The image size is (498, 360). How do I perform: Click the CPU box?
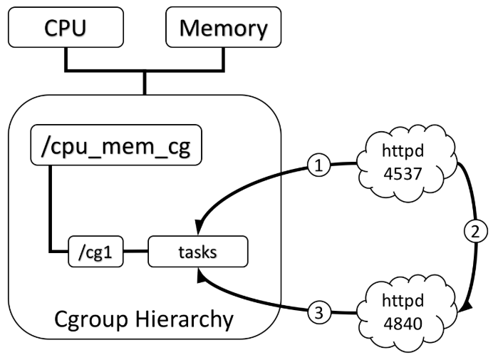[x=66, y=27]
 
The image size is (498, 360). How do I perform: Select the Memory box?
[x=223, y=27]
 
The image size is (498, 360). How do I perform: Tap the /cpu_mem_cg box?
[x=116, y=145]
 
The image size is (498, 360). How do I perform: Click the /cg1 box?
[x=95, y=252]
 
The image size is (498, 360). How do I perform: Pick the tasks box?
[x=198, y=252]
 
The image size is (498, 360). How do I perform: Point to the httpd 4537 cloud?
[x=405, y=163]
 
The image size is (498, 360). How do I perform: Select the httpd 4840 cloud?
[x=405, y=314]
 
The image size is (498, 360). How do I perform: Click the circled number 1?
[x=319, y=165]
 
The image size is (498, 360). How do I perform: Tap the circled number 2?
[x=475, y=232]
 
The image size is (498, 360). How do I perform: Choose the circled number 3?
[x=319, y=312]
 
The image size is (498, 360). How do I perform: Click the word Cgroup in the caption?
[x=91, y=319]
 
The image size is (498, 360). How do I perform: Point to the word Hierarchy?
[x=185, y=319]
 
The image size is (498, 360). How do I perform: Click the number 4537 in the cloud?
[x=403, y=174]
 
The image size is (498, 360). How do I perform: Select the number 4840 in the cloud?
[x=403, y=324]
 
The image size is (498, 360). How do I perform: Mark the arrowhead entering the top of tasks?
[x=199, y=226]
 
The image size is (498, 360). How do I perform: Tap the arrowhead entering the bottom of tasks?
[x=201, y=275]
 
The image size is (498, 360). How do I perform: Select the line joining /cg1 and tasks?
[x=135, y=252]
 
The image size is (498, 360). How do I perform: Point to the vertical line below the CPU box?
[x=66, y=58]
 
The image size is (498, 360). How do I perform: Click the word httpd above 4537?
[x=403, y=150]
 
